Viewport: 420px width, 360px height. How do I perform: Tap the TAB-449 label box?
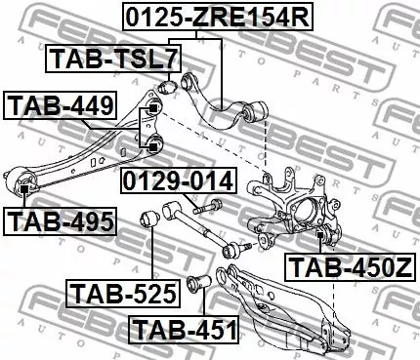(x=61, y=104)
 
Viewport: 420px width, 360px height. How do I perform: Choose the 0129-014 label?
(x=179, y=181)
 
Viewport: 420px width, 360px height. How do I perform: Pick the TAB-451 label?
(x=185, y=329)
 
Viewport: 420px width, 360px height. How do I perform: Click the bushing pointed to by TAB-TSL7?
(x=167, y=89)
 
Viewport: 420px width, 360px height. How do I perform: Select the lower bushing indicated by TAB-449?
(x=153, y=146)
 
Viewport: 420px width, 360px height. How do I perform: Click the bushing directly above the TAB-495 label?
(x=23, y=185)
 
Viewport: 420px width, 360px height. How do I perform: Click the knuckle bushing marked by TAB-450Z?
(x=323, y=233)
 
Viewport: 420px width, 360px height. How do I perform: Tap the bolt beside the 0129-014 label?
(x=209, y=209)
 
